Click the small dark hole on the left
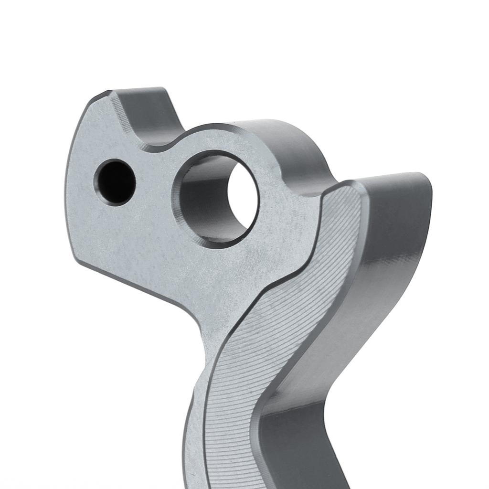pyautogui.click(x=115, y=183)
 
